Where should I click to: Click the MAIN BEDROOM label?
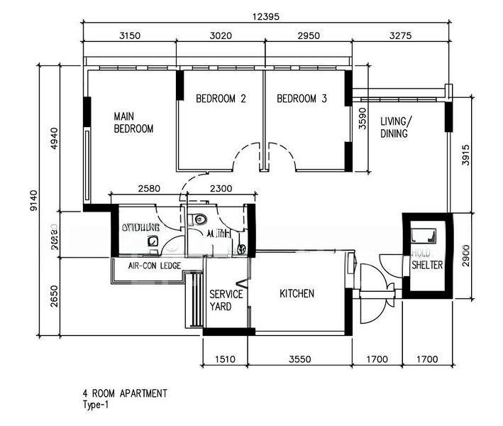tap(134, 122)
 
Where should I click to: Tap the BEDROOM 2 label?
tap(221, 99)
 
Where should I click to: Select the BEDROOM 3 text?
tap(302, 99)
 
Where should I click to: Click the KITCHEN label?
tap(297, 293)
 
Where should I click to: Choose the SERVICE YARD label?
tap(226, 300)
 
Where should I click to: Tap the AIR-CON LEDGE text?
tap(154, 266)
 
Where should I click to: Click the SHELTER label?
tap(427, 265)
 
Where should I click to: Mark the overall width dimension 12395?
tap(267, 15)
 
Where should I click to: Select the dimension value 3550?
tap(300, 359)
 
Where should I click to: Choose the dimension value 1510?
tap(226, 359)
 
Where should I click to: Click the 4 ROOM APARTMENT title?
tap(125, 393)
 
